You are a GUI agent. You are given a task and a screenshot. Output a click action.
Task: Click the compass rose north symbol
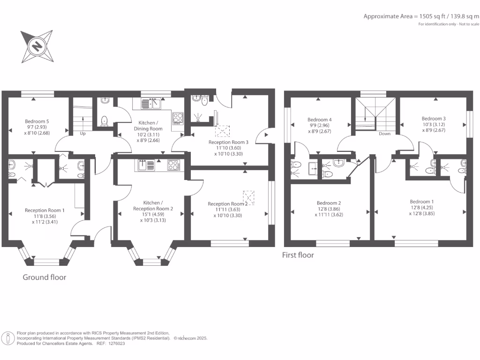[37, 46]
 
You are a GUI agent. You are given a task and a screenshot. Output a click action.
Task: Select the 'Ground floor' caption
[45, 277]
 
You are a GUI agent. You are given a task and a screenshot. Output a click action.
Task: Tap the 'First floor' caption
[298, 255]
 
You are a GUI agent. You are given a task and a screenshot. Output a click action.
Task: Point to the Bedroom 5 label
[37, 121]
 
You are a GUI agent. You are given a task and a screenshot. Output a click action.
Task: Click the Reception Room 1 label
[45, 210]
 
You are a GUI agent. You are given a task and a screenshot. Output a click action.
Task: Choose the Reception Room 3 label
[228, 142]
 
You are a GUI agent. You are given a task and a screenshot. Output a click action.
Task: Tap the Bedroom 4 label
[319, 119]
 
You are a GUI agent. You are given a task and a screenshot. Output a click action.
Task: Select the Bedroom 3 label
[433, 119]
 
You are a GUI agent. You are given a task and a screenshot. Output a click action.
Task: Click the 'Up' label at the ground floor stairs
[83, 134]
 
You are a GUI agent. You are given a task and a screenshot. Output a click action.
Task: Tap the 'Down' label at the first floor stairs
[384, 134]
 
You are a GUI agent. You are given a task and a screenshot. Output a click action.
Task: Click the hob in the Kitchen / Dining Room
[178, 118]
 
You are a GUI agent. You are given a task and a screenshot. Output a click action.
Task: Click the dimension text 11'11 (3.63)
[225, 210]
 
